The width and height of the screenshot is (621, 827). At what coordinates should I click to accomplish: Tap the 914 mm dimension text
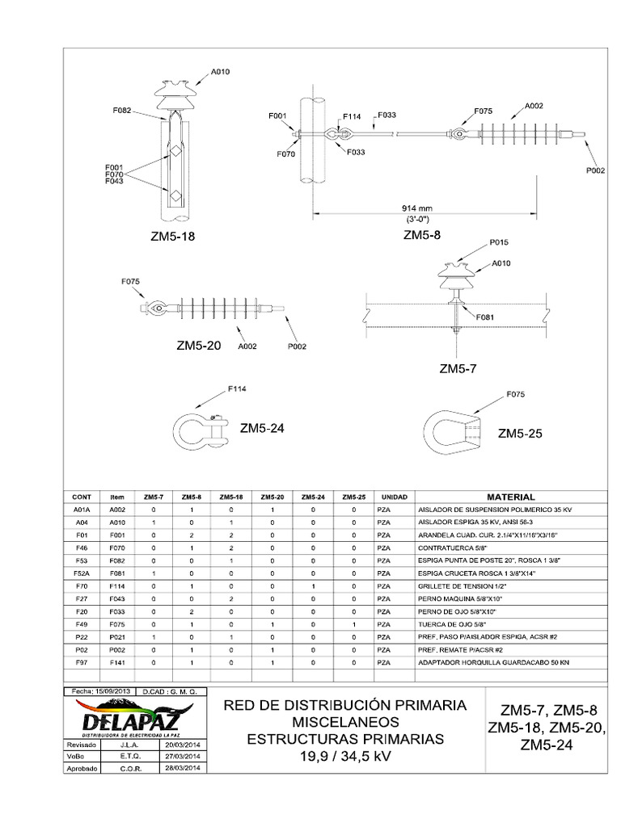(424, 208)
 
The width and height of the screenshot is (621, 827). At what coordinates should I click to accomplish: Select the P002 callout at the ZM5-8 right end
(594, 170)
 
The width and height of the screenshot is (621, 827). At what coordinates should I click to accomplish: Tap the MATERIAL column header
(511, 497)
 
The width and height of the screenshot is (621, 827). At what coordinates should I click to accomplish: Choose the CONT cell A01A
(82, 510)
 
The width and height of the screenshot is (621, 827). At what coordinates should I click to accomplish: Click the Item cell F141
(117, 661)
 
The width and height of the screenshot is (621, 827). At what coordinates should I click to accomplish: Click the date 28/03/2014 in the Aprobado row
(186, 769)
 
